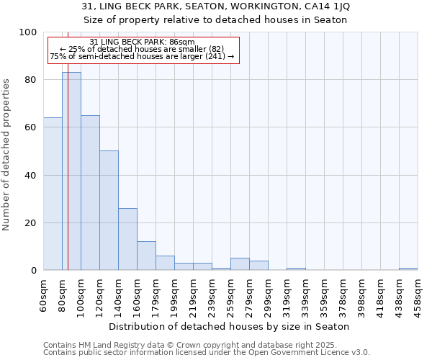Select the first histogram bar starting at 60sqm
coord(53,194)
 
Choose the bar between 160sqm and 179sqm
coord(146,256)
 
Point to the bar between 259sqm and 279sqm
coord(240,264)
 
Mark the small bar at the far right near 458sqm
coord(408,269)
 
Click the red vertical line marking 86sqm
coord(68,180)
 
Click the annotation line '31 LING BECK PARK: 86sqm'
coord(143,42)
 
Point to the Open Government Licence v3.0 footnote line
coord(207,352)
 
